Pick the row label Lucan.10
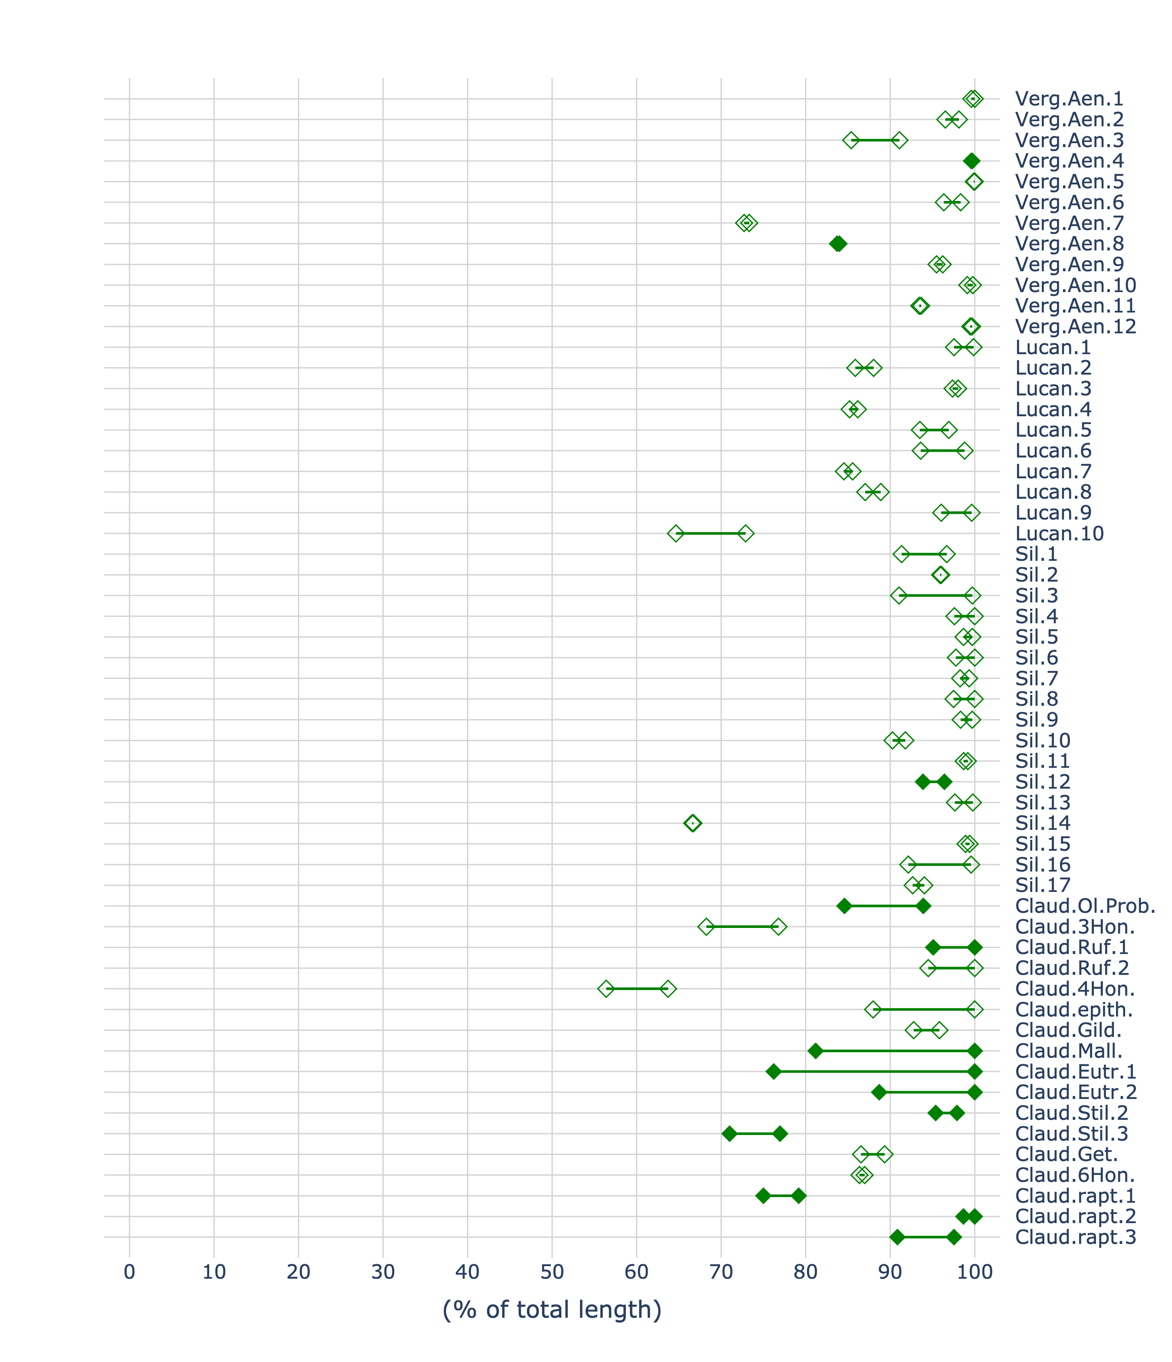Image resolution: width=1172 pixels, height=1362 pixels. click(x=1060, y=534)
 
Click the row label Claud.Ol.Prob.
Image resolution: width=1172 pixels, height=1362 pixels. click(x=1085, y=906)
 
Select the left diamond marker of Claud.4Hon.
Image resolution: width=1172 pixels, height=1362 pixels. click(x=606, y=989)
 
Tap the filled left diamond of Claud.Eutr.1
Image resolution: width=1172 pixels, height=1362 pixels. click(x=774, y=1072)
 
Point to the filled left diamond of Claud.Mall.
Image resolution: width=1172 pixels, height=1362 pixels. click(x=815, y=1051)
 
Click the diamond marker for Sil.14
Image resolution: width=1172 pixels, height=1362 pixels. click(x=693, y=823)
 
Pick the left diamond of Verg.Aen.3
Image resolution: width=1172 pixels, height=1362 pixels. click(x=851, y=140)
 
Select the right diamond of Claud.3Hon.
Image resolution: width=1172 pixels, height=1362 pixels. click(x=778, y=927)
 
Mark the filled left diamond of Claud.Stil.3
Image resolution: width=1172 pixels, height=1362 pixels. click(x=729, y=1134)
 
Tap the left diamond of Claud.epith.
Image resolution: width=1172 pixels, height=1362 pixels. click(x=873, y=1010)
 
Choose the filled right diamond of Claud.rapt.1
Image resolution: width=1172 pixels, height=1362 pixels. click(x=799, y=1196)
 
